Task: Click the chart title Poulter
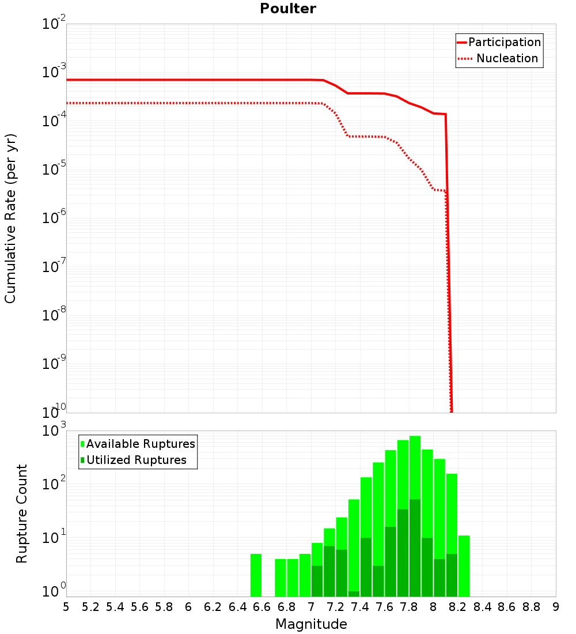pos(288,9)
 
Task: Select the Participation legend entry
pos(505,43)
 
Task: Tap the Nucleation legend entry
pos(507,59)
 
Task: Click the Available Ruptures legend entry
pos(141,444)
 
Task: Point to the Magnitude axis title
pos(311,624)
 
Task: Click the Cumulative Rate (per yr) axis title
pos(10,218)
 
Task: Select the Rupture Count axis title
pos(22,514)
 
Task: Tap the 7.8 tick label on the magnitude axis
pos(409,607)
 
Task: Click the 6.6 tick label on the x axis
pos(262,607)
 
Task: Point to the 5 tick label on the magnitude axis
pos(66,607)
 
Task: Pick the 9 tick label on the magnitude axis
pos(556,607)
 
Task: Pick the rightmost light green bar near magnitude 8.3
pos(464,565)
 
